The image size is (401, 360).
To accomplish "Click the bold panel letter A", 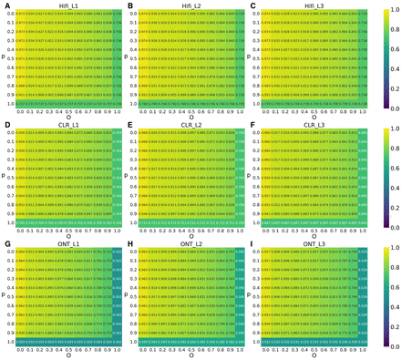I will point(5,5).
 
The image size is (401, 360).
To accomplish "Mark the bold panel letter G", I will point(5,242).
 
